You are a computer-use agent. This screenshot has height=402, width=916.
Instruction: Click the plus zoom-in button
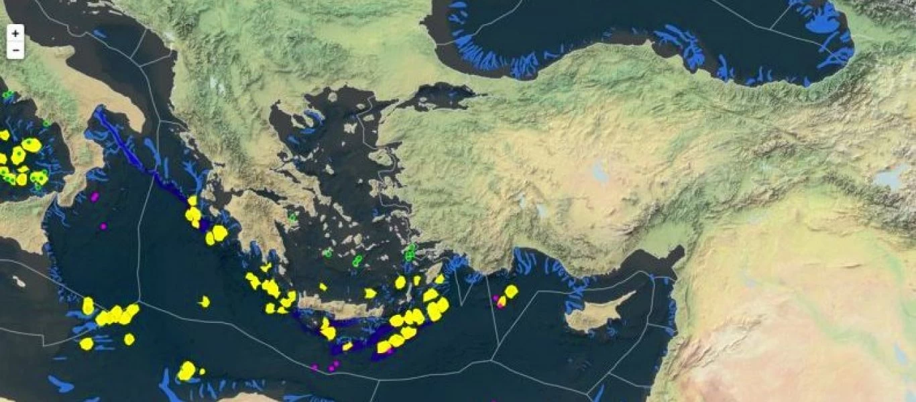coord(15,33)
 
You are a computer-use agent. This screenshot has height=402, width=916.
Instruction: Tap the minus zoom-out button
coord(15,50)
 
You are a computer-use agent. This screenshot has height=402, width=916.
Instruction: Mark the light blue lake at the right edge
coord(891,179)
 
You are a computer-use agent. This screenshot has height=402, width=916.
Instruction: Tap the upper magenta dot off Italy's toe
coord(95,197)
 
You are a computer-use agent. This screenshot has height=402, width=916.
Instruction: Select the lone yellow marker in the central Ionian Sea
coord(204,301)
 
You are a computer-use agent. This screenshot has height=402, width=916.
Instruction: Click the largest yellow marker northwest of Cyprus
coord(511,291)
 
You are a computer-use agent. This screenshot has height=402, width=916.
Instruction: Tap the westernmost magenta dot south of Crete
coord(314,367)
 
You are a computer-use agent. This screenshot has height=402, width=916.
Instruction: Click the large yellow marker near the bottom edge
coord(187,371)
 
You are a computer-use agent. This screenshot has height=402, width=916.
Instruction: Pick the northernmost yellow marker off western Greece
coord(192,200)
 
